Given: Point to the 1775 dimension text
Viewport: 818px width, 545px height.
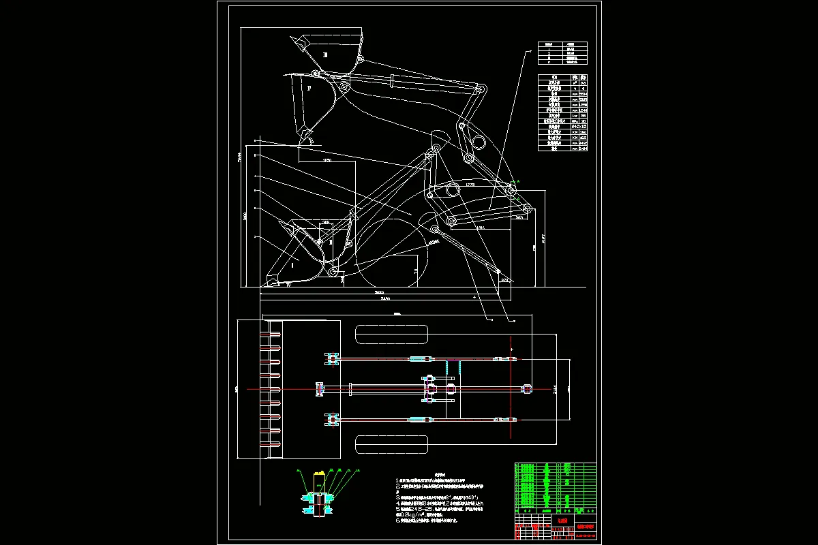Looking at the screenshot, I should (470, 185).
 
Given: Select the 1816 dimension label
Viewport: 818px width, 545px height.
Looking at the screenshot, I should (480, 228).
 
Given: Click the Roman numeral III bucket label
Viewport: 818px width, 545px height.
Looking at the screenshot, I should (325, 54).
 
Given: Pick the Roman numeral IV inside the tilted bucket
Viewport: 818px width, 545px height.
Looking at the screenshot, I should (309, 89).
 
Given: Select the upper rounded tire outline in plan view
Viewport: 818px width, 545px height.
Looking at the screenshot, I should (391, 334).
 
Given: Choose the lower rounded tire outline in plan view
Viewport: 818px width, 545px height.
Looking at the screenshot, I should (391, 445).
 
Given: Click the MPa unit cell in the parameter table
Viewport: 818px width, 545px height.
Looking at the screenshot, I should (576, 121).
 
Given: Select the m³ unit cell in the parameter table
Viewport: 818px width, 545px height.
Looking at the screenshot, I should (576, 83).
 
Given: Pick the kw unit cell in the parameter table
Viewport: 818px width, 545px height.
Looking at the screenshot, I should (576, 114).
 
